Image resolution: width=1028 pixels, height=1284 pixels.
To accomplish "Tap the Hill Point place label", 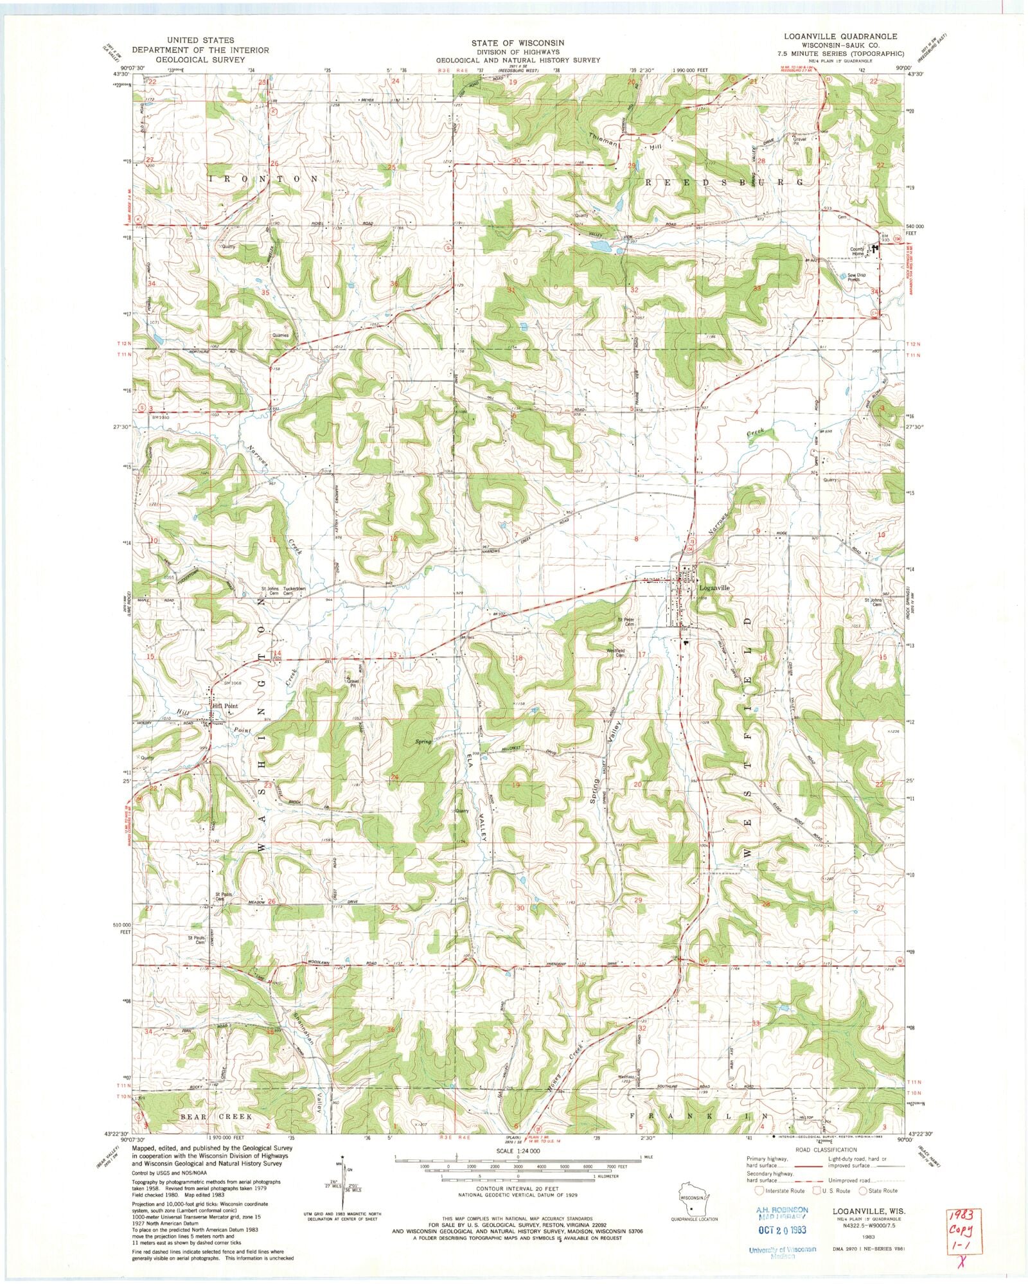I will (x=225, y=706).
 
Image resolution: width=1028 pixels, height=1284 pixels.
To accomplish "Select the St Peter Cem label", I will (x=626, y=622).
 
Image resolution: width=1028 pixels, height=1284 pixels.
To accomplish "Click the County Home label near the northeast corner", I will (x=858, y=251).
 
